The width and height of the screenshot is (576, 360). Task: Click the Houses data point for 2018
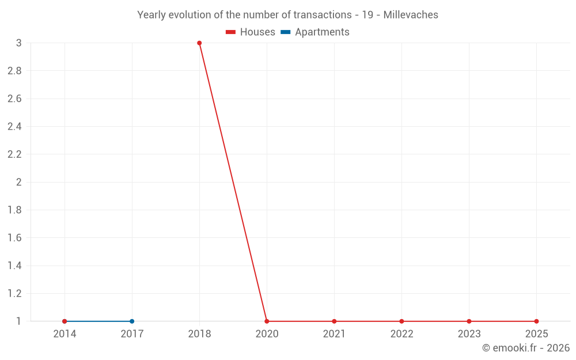[x=199, y=43]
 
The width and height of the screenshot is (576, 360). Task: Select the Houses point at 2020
[x=267, y=321]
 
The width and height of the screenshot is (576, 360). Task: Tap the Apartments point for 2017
[x=132, y=321]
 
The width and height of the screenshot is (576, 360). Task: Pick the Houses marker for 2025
[x=536, y=321]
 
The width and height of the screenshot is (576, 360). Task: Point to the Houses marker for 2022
[x=401, y=321]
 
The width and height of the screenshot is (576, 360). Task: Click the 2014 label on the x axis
[x=65, y=334]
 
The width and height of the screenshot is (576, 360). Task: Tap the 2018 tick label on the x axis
[x=199, y=334]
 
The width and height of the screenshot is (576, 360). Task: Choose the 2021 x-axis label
[x=334, y=334]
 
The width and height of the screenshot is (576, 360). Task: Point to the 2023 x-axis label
[x=469, y=334]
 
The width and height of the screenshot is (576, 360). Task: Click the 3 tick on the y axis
[x=19, y=43]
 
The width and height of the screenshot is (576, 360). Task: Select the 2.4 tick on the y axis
[x=14, y=127]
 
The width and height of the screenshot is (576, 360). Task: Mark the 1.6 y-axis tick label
[x=14, y=238]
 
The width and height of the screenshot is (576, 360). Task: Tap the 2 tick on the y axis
[x=19, y=182]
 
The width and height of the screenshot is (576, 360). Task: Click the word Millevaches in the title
[x=411, y=15]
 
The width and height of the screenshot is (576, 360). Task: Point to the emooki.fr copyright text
[x=525, y=348]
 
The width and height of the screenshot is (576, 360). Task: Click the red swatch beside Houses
[x=231, y=32]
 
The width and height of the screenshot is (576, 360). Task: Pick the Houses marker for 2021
[x=334, y=321]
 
